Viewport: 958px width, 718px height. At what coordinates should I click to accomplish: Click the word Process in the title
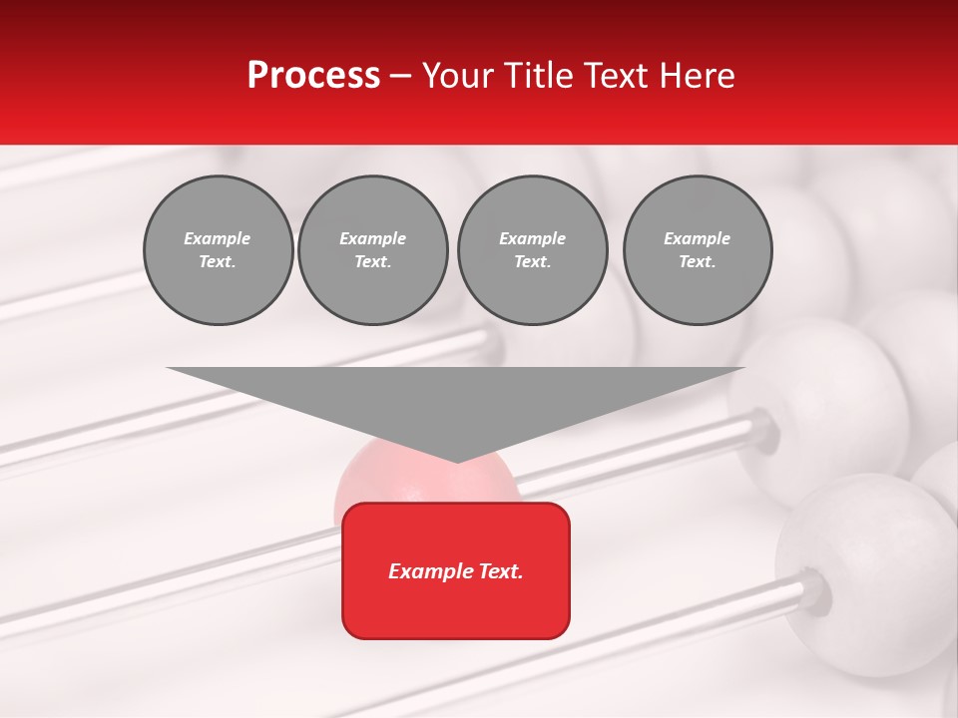coord(313,76)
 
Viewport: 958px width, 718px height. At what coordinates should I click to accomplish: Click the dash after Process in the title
coord(401,78)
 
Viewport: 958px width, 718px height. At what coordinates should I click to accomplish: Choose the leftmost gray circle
coord(218,250)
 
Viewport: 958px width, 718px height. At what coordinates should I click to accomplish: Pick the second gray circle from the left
coord(372,250)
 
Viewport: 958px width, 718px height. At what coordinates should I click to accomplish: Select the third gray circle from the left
coord(532,250)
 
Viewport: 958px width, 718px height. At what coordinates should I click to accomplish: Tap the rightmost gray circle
coord(697,250)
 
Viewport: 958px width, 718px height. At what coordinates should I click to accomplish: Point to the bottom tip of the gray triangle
coord(456,460)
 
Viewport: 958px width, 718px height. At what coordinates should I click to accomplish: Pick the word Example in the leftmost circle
coord(218,238)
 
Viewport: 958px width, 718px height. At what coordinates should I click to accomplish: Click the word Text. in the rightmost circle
coord(697,262)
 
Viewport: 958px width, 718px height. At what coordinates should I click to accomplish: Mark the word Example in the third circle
coord(532,238)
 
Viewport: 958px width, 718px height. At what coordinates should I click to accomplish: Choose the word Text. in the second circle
coord(372,262)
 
